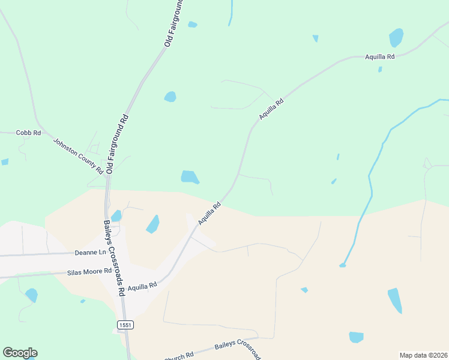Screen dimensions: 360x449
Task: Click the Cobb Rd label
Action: [28, 133]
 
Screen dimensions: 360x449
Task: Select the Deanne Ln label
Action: [90, 253]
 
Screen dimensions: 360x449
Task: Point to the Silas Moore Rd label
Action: [89, 271]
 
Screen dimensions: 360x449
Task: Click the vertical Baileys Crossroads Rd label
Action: [115, 257]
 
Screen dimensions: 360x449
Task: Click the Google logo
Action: [20, 353]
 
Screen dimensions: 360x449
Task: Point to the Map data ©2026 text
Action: [424, 355]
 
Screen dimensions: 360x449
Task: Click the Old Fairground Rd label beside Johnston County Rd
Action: [118, 143]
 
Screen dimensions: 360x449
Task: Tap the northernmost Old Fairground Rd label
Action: [175, 23]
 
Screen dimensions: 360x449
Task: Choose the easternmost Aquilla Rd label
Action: [379, 57]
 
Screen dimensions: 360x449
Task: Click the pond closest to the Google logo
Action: [31, 295]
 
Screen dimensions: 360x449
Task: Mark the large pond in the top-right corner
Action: [396, 37]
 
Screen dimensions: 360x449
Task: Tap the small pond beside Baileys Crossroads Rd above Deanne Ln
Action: [116, 215]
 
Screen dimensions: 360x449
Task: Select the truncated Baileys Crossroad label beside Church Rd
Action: [238, 348]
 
